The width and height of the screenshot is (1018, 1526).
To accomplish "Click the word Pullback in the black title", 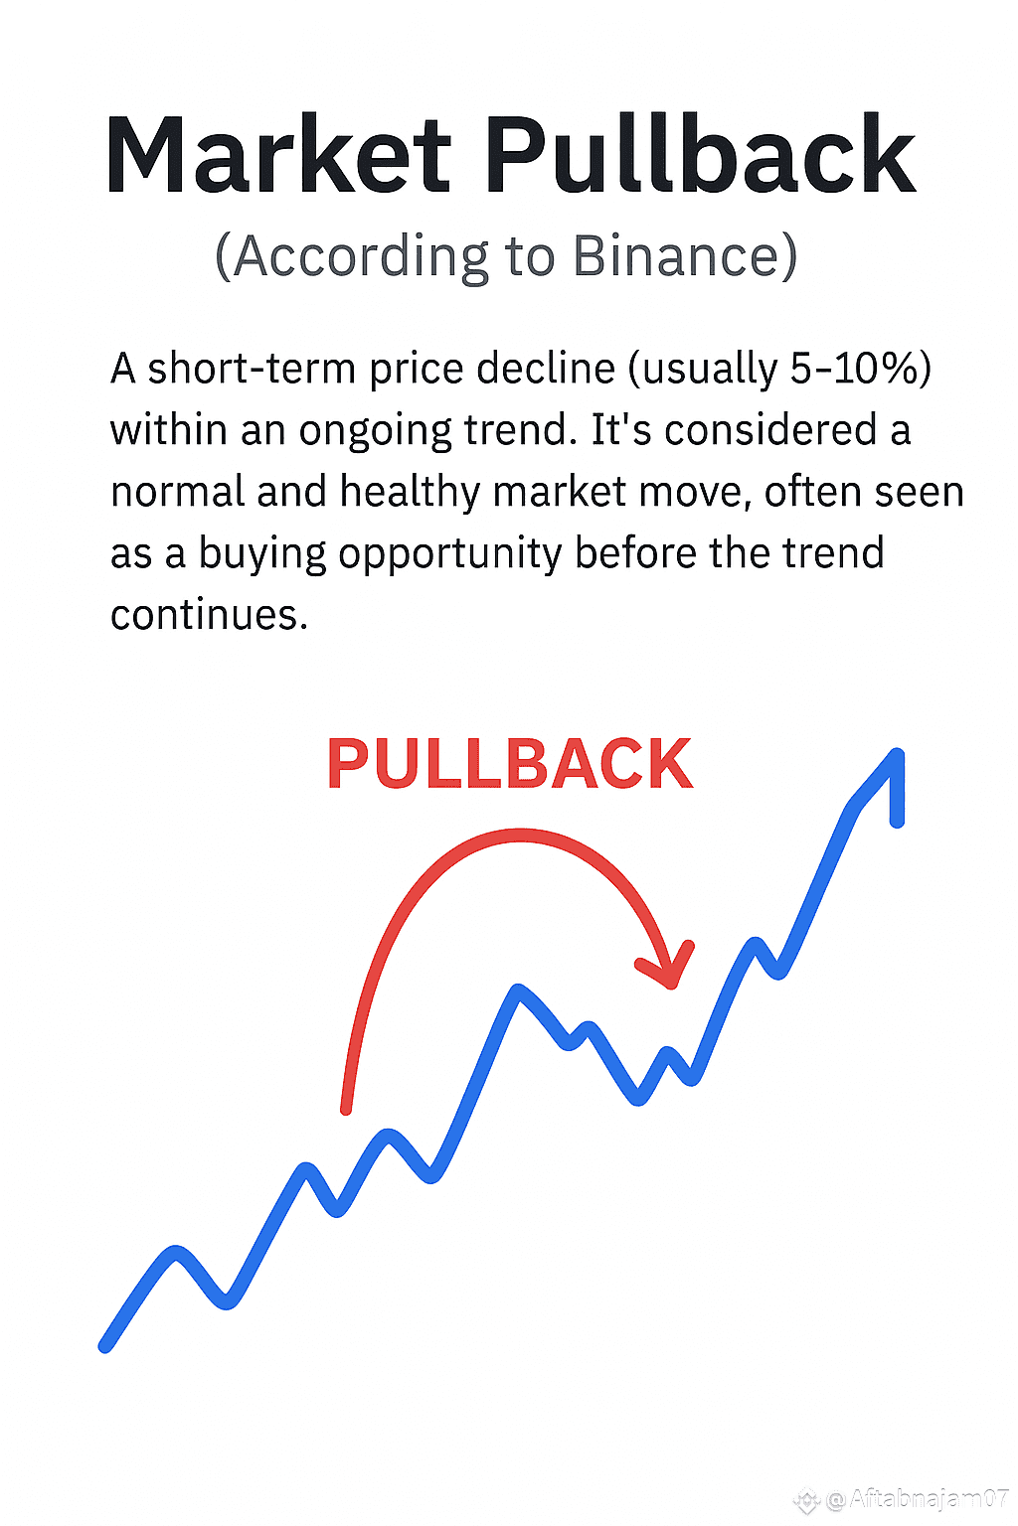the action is pyautogui.click(x=700, y=153).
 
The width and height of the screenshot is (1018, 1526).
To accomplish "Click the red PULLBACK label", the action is pyautogui.click(x=510, y=764).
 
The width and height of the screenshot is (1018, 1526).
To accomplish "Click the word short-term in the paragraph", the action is pyautogui.click(x=251, y=370).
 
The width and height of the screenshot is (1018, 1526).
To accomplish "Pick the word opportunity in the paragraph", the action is pyautogui.click(x=449, y=553).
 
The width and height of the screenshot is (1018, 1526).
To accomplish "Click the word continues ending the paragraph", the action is pyautogui.click(x=205, y=615).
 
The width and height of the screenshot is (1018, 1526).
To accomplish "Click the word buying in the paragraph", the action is pyautogui.click(x=261, y=553).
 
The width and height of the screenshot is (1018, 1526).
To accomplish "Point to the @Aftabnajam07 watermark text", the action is pyautogui.click(x=917, y=1499).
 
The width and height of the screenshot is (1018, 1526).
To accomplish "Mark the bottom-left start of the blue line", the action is pyautogui.click(x=105, y=1346).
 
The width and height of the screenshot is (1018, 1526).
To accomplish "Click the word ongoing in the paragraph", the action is pyautogui.click(x=375, y=431).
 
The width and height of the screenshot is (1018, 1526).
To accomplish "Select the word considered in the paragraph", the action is pyautogui.click(x=770, y=430).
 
